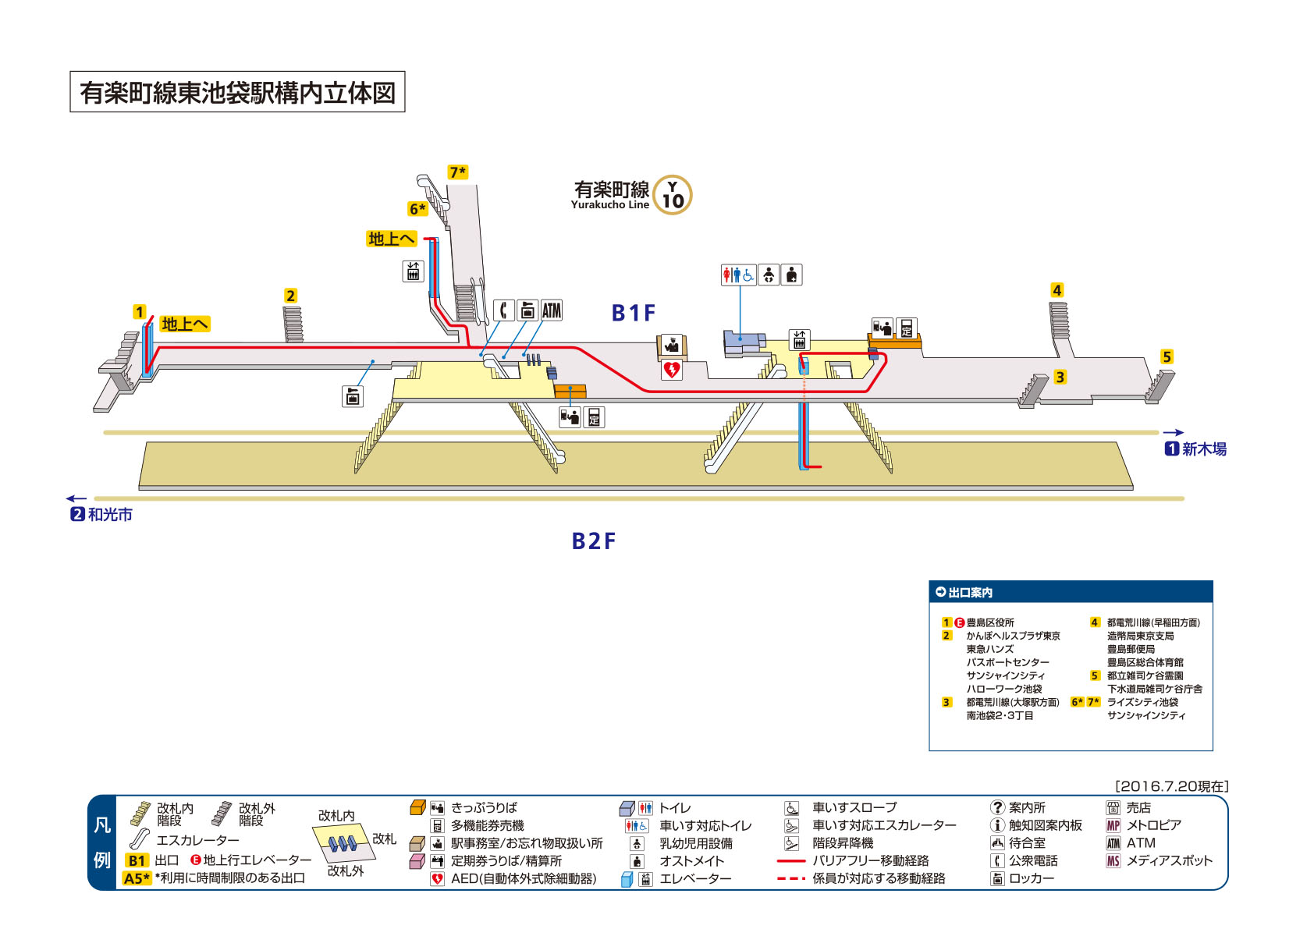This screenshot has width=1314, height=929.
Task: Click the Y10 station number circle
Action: coord(672,195)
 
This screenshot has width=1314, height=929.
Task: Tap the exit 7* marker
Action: coord(458,172)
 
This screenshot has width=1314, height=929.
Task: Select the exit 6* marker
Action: coord(417,209)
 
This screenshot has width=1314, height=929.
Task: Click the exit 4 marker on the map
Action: coord(1057,290)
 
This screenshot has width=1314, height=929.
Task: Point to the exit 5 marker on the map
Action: coord(1167,356)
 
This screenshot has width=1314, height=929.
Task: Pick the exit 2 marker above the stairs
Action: coord(290,296)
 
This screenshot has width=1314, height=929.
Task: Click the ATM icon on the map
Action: coord(552,310)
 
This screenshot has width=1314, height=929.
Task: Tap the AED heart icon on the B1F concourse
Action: coord(671,369)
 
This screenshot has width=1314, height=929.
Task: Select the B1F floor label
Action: coord(633,314)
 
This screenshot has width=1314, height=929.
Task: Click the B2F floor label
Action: coord(594,541)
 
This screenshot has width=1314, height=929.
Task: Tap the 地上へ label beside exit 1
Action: coord(185,324)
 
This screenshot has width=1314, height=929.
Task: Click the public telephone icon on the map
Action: coord(504,310)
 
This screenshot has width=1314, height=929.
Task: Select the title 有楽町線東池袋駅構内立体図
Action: coord(237,93)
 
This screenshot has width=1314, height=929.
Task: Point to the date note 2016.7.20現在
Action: coord(1172,786)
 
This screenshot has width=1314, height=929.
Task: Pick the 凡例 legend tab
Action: coord(102,842)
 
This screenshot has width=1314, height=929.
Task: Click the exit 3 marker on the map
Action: coord(1060,377)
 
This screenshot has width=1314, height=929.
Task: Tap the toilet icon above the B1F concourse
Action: coord(738,275)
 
